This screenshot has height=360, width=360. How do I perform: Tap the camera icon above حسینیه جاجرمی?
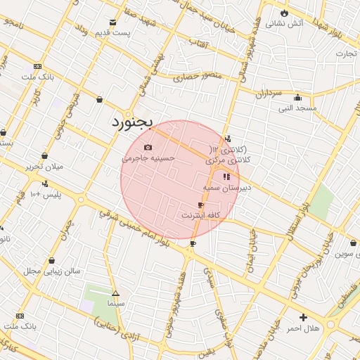(x=148, y=147)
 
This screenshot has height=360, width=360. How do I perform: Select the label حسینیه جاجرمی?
(x=148, y=159)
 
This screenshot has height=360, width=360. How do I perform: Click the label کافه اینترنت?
(x=201, y=214)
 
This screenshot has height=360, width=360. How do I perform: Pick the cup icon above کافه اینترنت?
(x=201, y=205)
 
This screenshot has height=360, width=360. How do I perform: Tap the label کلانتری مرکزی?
(x=229, y=160)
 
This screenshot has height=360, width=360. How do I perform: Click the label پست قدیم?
(x=113, y=33)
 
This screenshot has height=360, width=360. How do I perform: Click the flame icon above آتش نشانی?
(x=284, y=13)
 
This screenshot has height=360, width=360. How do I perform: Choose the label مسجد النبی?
(x=297, y=108)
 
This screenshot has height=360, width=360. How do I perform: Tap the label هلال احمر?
(x=303, y=328)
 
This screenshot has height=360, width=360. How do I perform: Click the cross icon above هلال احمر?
(x=303, y=318)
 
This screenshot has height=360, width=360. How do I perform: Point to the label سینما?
(x=115, y=303)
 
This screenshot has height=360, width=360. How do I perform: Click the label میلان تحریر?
(x=44, y=167)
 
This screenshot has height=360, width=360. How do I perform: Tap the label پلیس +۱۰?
(x=44, y=194)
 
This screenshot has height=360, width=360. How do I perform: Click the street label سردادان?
(x=268, y=93)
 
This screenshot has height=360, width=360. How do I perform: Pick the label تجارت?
(x=346, y=53)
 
